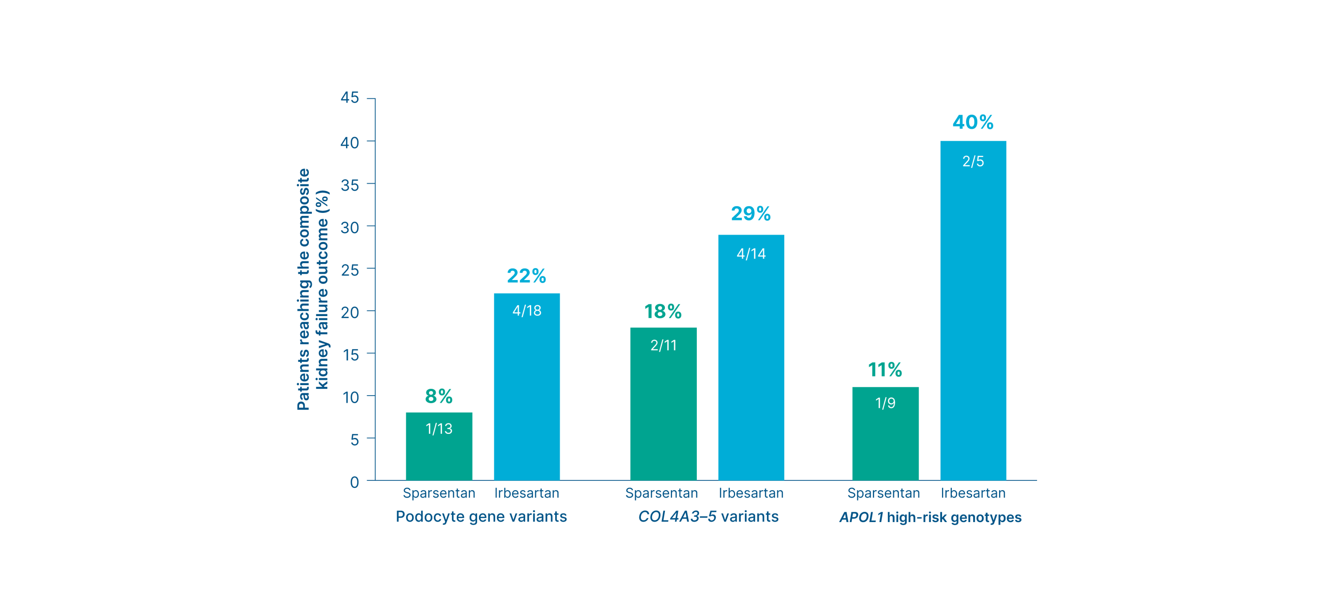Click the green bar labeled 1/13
(439, 447)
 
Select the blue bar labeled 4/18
(527, 387)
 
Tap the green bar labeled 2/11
(664, 404)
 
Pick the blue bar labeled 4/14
(751, 358)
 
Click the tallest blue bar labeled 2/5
(973, 310)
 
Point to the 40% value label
(973, 123)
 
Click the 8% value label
(439, 396)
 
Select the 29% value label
(751, 213)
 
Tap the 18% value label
(663, 312)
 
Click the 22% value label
(526, 276)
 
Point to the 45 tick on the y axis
(350, 98)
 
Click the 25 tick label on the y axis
(350, 270)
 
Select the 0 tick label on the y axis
(354, 482)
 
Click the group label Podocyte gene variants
(481, 517)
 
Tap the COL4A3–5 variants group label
(708, 517)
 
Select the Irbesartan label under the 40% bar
(973, 493)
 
